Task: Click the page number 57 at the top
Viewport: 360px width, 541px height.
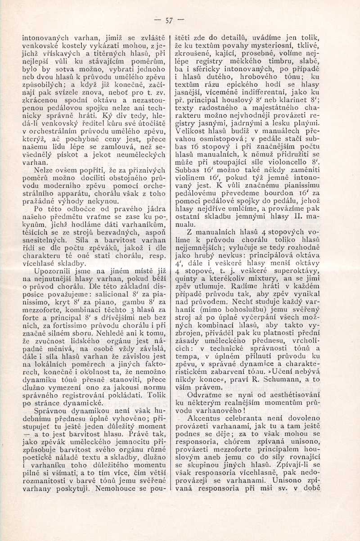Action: tap(169, 20)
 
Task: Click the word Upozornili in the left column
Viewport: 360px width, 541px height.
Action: tap(48, 272)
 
